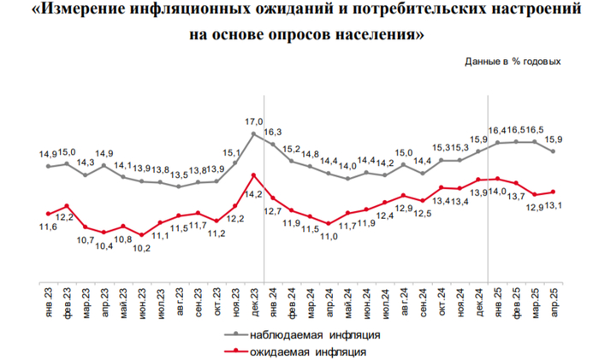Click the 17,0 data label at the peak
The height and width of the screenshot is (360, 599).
tap(254, 121)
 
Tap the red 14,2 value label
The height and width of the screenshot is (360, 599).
tap(254, 194)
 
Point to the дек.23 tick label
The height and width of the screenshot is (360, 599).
tap(254, 304)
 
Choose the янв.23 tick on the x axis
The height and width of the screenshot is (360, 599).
tap(48, 304)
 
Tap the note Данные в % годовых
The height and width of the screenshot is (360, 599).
tap(513, 62)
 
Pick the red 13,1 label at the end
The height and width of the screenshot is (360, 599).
tap(555, 205)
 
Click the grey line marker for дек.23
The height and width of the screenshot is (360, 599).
tap(254, 134)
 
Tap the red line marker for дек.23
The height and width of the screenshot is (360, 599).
tap(254, 175)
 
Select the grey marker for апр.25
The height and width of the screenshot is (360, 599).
tap(555, 151)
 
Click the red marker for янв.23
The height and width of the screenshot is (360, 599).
tap(48, 213)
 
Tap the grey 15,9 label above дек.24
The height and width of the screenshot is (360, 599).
tap(479, 139)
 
